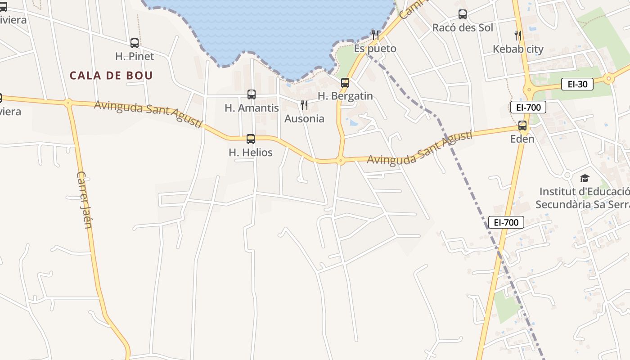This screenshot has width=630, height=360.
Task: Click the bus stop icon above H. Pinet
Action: (x=135, y=43)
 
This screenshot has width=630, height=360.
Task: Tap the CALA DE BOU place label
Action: (x=111, y=75)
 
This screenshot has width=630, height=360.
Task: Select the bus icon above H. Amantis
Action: (x=252, y=94)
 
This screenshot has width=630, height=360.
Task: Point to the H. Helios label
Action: (x=251, y=153)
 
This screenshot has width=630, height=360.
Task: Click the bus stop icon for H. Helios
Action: (x=251, y=139)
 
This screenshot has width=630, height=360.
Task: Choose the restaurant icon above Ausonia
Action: (x=304, y=105)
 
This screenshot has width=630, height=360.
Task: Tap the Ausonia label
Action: (x=304, y=119)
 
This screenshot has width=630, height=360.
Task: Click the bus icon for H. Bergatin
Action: (x=345, y=83)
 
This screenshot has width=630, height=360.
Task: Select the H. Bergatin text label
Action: (x=345, y=96)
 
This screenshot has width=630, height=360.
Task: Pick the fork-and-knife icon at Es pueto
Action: (x=375, y=35)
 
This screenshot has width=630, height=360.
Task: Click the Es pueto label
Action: (x=375, y=49)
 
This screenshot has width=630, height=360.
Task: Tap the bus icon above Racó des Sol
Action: (x=463, y=14)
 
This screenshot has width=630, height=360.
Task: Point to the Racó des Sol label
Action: (x=463, y=28)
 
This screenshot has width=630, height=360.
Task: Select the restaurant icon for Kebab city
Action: (x=518, y=35)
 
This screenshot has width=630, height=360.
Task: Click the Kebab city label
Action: (x=518, y=49)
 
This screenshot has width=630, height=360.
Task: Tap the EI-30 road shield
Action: (x=577, y=84)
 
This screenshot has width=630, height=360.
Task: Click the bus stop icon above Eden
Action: (x=522, y=126)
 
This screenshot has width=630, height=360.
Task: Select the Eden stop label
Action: (x=522, y=139)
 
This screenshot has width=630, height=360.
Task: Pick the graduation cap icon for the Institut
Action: (x=585, y=179)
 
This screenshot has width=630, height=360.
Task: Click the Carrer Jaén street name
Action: (x=84, y=200)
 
